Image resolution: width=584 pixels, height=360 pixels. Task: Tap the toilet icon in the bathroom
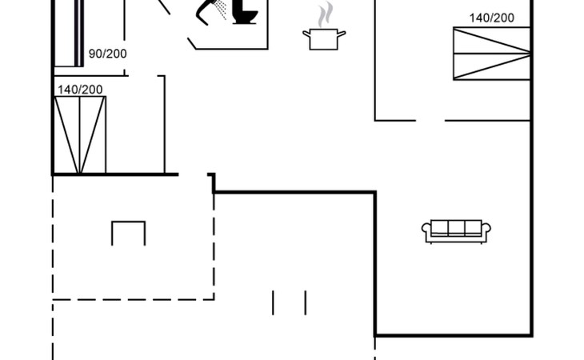pos(246,14)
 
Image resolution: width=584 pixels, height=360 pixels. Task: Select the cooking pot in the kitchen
pos(323,38)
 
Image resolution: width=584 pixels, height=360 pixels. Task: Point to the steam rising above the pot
pos(323,14)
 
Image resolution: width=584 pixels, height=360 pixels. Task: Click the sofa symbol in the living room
pos(456,230)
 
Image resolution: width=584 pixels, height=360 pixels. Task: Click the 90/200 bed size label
pos(107,54)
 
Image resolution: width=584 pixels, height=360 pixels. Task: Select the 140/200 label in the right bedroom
pos(491,17)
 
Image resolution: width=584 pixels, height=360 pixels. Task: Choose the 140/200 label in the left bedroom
pos(79,89)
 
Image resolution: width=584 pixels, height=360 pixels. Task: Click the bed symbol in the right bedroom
pos(491,53)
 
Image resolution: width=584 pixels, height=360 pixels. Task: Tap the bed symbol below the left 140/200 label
pos(79,134)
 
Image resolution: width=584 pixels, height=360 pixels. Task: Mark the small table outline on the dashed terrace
pos(128,232)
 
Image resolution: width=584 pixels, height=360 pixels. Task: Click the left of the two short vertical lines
pos(273,302)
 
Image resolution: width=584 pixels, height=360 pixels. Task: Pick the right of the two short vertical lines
pos(305,302)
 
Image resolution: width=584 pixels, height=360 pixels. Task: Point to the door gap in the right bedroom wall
pos(430,121)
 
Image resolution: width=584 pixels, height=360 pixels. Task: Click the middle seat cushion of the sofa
pos(456,228)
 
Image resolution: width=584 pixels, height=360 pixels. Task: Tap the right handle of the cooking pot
pos(342,33)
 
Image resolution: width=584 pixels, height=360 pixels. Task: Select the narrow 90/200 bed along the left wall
pos(69,32)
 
